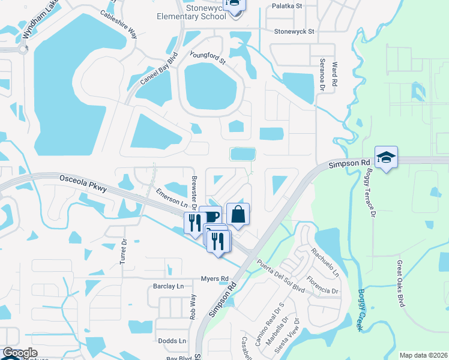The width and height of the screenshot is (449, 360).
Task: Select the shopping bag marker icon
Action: (238, 214)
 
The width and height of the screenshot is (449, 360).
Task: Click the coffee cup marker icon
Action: (211, 215)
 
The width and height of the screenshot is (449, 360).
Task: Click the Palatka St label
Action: (287, 6)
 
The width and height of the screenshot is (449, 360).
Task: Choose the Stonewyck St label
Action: (294, 31)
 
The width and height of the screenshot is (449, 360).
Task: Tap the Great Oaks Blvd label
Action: (401, 281)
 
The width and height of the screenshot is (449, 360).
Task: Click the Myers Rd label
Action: (215, 279)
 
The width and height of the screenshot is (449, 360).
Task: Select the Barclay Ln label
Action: (168, 286)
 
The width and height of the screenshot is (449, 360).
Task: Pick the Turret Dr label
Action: (124, 252)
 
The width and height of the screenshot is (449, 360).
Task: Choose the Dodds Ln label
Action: (172, 341)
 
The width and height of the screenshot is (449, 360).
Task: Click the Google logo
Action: (20, 353)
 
